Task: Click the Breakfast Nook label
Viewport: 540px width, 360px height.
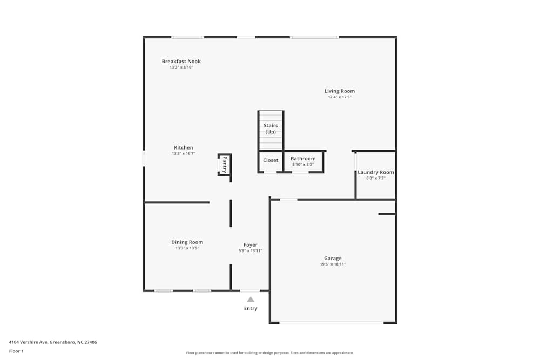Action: (x=181, y=62)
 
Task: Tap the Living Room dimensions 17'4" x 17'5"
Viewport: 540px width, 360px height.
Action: (x=340, y=97)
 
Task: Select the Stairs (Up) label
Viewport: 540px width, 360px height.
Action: (x=271, y=128)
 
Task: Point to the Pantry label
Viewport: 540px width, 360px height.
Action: (x=225, y=165)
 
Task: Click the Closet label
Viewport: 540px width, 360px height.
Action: (x=271, y=160)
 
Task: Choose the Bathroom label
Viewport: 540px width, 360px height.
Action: (x=303, y=158)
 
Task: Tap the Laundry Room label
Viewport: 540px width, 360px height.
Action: (x=376, y=172)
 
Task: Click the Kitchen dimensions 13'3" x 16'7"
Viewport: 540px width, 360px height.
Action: (x=184, y=153)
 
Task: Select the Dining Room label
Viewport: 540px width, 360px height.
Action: (x=187, y=242)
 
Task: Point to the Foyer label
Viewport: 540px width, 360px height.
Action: (x=251, y=244)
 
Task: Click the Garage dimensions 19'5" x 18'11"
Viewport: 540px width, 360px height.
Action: (x=333, y=264)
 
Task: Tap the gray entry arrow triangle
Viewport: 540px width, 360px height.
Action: (x=251, y=300)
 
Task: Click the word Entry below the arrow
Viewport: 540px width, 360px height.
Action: (x=251, y=308)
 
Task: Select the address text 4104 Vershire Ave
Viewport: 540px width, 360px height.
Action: (x=28, y=342)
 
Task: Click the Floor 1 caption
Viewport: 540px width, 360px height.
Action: (x=16, y=351)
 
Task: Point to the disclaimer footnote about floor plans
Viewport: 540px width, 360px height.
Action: (x=270, y=353)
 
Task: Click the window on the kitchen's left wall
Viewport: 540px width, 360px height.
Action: (x=144, y=158)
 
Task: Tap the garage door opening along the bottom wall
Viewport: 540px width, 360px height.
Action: (x=332, y=322)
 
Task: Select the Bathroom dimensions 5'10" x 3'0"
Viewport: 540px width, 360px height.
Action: (x=303, y=165)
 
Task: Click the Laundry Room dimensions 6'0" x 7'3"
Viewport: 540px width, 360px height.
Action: (x=376, y=178)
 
